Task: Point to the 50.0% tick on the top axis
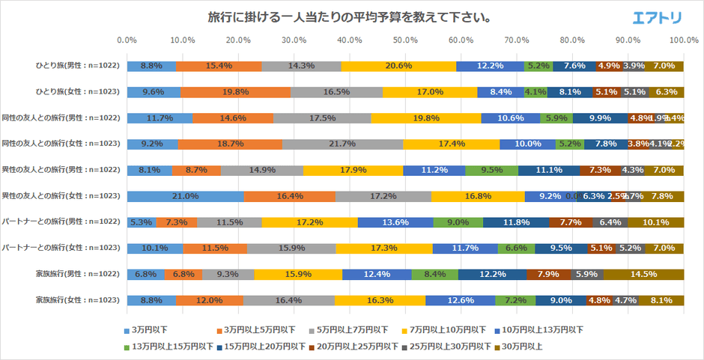(405, 40)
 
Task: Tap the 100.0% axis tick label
(683, 40)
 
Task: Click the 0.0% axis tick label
(127, 40)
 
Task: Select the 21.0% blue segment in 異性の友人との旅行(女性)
(186, 196)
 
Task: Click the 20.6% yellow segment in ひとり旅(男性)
(398, 66)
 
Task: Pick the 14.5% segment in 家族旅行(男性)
(643, 274)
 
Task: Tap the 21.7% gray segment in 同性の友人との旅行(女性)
(342, 144)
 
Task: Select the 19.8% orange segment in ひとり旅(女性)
(235, 92)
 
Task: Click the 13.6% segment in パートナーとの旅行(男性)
(395, 222)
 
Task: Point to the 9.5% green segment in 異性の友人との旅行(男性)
(491, 170)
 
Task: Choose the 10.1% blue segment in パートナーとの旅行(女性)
(155, 248)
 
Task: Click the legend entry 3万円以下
(146, 329)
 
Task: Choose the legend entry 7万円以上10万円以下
(449, 329)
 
